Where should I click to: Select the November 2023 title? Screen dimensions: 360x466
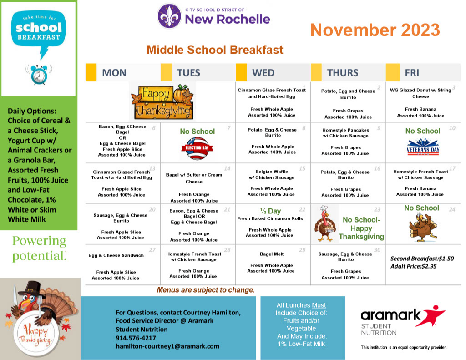(375, 30)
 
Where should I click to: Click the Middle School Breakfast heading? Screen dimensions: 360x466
(215, 50)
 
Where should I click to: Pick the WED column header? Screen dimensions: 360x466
(263, 73)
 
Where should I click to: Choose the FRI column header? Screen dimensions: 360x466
(412, 73)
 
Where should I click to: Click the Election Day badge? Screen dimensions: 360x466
(197, 148)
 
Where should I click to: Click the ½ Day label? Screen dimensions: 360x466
(270, 211)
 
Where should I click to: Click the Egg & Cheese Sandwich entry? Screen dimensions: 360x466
(116, 255)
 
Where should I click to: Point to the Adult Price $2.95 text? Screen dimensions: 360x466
(414, 266)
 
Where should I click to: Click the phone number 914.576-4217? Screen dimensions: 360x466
(136, 338)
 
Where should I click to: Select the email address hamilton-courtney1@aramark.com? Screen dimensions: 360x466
(167, 346)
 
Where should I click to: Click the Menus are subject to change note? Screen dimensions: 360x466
(206, 290)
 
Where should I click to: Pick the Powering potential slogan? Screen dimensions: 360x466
(39, 248)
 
